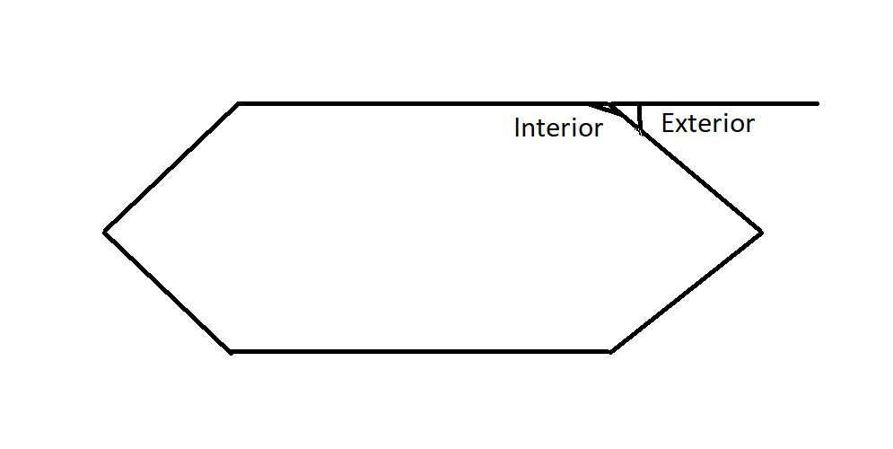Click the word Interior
pyautogui.click(x=558, y=128)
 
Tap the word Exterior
pyautogui.click(x=708, y=123)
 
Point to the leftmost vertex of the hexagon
pyautogui.click(x=103, y=232)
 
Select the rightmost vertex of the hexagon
pyautogui.click(x=761, y=233)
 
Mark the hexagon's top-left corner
pyautogui.click(x=238, y=103)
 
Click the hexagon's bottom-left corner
pyautogui.click(x=232, y=352)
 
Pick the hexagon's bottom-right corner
pyautogui.click(x=610, y=352)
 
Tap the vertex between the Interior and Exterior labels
pyautogui.click(x=610, y=104)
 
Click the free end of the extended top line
pyautogui.click(x=818, y=103)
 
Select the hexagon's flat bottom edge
pyautogui.click(x=421, y=352)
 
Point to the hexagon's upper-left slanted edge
pyautogui.click(x=171, y=168)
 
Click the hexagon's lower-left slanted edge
pyautogui.click(x=168, y=293)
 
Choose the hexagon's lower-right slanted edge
pyautogui.click(x=686, y=293)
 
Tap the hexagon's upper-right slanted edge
pyautogui.click(x=686, y=168)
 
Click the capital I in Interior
pyautogui.click(x=517, y=128)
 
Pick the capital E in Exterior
pyautogui.click(x=669, y=123)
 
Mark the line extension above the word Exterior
pyautogui.click(x=714, y=103)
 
